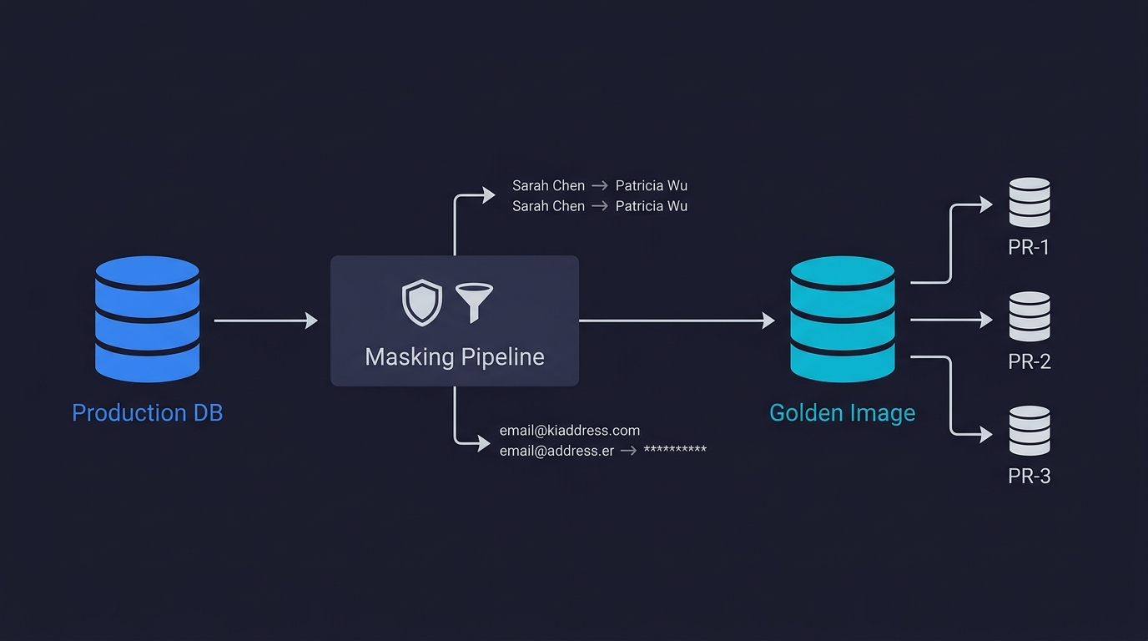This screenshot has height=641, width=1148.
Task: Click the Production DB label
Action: coord(147,413)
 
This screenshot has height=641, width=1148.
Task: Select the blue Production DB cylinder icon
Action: coord(147,320)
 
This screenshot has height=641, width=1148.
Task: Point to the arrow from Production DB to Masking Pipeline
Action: coord(265,320)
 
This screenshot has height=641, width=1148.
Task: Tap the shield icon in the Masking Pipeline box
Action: coord(422,302)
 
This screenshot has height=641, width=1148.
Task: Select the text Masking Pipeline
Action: coord(455,357)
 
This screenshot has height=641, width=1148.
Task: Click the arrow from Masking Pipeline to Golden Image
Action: coord(676,320)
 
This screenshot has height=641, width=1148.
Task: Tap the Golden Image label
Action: coord(842,413)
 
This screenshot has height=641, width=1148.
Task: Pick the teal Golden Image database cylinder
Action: coord(842,320)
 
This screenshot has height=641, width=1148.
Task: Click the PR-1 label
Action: coord(1029,248)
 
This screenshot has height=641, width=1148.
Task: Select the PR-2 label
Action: coord(1029,362)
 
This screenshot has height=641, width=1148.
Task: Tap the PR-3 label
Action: coord(1029,477)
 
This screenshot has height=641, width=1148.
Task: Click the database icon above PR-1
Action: coord(1029,202)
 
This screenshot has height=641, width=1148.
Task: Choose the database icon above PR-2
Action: coord(1029,316)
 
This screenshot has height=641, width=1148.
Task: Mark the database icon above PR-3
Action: coord(1029,431)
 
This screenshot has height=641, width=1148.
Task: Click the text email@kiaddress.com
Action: coord(570,431)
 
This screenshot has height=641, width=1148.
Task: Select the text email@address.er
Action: coord(556,451)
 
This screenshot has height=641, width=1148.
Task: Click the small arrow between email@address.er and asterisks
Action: coord(628,451)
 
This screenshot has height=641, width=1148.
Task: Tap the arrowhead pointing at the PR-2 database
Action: coord(986,320)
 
